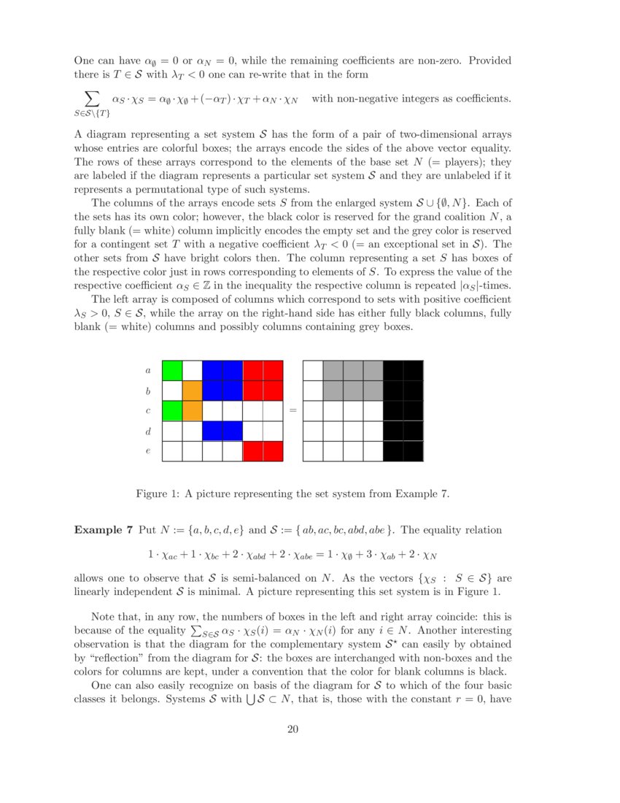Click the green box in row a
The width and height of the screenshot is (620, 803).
pyautogui.click(x=172, y=371)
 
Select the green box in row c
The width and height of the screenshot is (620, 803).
pyautogui.click(x=172, y=411)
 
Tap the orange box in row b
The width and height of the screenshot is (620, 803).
pyautogui.click(x=192, y=391)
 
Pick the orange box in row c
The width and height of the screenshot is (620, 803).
pyautogui.click(x=192, y=411)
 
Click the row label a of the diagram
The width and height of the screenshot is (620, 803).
pyautogui.click(x=148, y=371)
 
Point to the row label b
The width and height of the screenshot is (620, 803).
pyautogui.click(x=148, y=391)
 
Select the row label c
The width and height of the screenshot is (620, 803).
pyautogui.click(x=148, y=411)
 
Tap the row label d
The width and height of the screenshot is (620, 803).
pyautogui.click(x=148, y=431)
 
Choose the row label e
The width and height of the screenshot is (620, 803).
pyautogui.click(x=148, y=451)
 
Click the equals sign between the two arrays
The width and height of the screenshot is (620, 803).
pyautogui.click(x=293, y=411)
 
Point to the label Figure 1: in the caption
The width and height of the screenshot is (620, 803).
pyautogui.click(x=158, y=494)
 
